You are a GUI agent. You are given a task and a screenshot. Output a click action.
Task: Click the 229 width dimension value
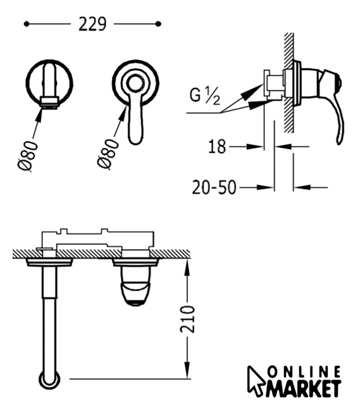[92, 24]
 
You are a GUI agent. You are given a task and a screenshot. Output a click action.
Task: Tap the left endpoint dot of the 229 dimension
[26, 24]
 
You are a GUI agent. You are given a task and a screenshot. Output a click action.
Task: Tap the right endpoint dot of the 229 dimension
[159, 24]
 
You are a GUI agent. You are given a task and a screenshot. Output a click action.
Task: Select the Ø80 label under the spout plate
[27, 156]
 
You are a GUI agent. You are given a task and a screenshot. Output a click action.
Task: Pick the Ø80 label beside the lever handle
[108, 154]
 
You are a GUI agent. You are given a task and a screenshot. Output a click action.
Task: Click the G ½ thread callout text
[205, 96]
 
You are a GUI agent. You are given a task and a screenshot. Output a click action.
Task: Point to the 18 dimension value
[217, 147]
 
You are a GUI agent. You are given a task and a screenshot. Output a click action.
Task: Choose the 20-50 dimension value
[214, 187]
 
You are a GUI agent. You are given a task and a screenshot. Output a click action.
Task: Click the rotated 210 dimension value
[187, 319]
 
